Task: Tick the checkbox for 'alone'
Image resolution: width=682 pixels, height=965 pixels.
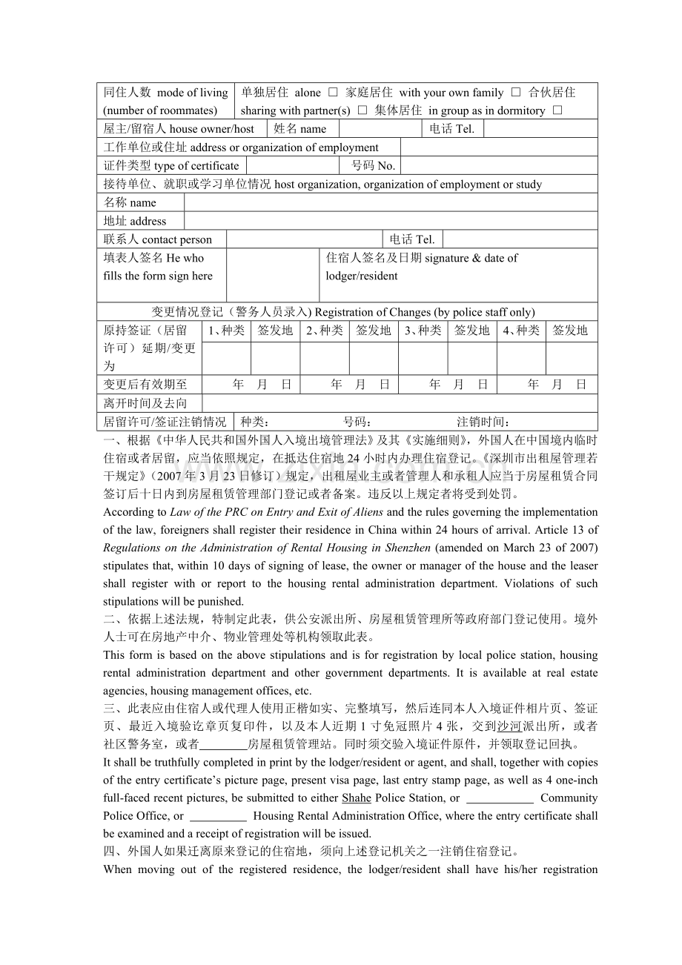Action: (333, 93)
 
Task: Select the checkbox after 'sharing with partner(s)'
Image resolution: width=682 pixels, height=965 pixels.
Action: (362, 110)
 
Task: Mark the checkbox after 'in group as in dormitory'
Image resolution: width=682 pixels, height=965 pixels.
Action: (557, 110)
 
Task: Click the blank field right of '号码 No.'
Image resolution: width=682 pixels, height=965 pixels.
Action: (498, 165)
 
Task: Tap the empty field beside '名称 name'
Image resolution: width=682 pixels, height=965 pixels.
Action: (391, 202)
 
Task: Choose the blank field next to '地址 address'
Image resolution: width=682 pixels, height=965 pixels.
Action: (391, 221)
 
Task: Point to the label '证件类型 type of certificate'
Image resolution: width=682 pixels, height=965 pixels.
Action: (171, 165)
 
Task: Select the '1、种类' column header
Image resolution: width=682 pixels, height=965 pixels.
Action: (226, 331)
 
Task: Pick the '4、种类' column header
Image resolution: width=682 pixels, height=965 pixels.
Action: (521, 331)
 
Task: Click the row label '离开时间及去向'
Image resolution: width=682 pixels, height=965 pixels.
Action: (145, 403)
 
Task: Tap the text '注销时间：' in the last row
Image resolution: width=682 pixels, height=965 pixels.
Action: (483, 422)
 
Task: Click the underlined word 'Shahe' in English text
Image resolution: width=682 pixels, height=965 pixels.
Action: (357, 798)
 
